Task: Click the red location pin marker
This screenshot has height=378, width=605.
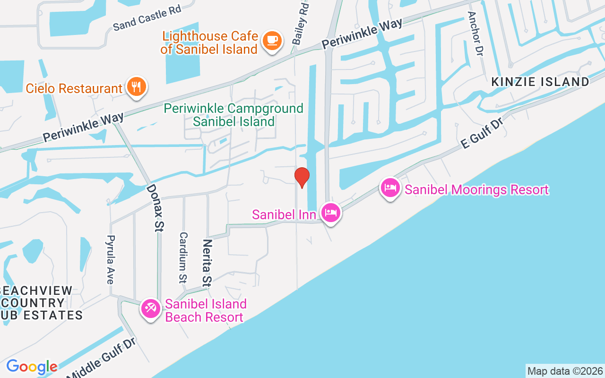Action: pyautogui.click(x=302, y=178)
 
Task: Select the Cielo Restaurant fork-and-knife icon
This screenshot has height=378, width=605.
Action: pyautogui.click(x=137, y=87)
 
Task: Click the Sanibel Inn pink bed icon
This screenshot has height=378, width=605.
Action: pyautogui.click(x=330, y=213)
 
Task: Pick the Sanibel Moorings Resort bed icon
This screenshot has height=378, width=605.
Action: pyautogui.click(x=390, y=188)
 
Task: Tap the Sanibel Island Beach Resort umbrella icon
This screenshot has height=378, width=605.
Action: pyautogui.click(x=151, y=309)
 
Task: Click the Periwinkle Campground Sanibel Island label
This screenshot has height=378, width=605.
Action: pyautogui.click(x=233, y=115)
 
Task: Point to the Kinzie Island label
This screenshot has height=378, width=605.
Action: pyautogui.click(x=540, y=82)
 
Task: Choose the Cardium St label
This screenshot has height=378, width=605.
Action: pyautogui.click(x=183, y=258)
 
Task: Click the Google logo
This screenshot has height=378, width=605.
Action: pyautogui.click(x=32, y=367)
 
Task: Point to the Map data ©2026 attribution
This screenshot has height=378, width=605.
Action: pyautogui.click(x=565, y=371)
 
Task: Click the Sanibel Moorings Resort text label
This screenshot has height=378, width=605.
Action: pyautogui.click(x=476, y=190)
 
